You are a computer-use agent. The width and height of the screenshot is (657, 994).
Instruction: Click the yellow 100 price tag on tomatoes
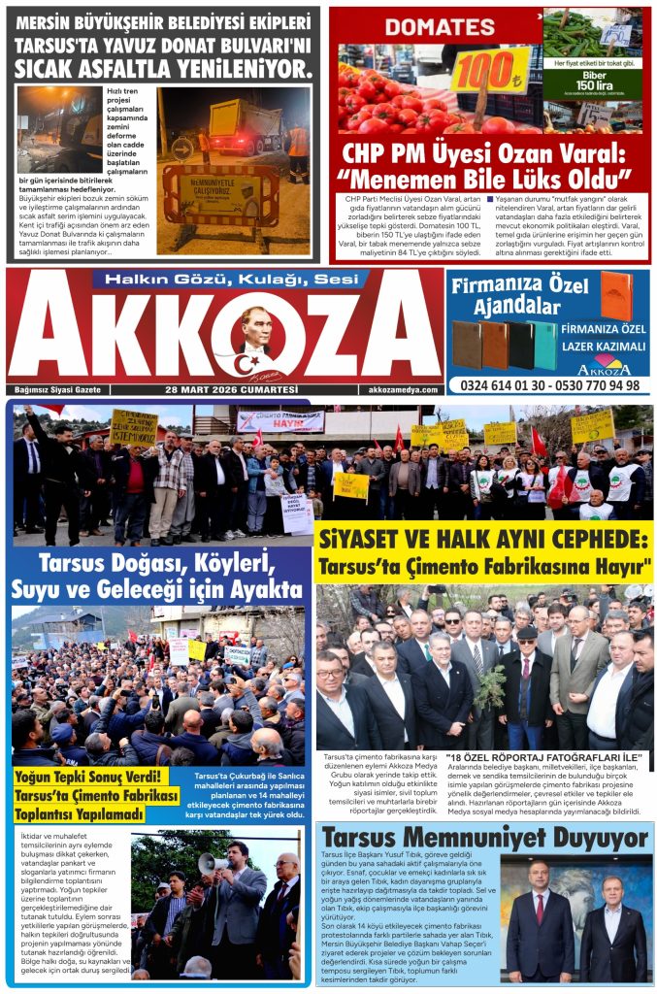(490, 70)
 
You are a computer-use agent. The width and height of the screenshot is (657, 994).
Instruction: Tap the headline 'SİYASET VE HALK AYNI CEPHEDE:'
(482, 540)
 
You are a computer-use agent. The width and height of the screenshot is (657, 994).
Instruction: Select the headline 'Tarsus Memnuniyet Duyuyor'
(484, 838)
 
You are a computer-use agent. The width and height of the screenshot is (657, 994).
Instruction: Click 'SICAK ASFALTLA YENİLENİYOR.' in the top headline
(163, 67)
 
